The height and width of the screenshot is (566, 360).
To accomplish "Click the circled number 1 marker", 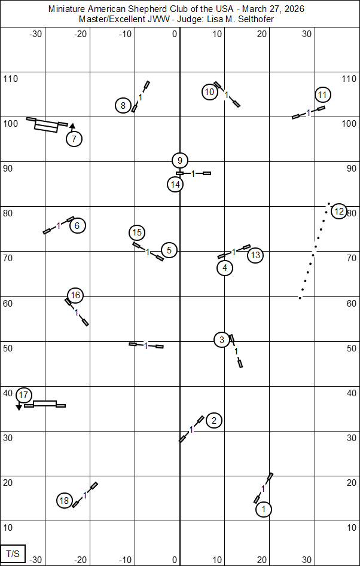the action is click(x=263, y=509).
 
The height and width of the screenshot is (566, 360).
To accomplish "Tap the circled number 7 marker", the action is click(x=74, y=139).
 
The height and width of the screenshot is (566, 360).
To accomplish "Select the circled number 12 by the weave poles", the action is click(x=339, y=211).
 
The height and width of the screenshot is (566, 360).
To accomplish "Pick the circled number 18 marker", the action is click(x=65, y=501).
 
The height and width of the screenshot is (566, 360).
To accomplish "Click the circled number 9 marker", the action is click(x=179, y=160).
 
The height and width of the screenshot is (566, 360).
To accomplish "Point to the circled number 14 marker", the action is click(x=175, y=184).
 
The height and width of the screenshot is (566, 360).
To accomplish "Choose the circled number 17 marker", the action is click(x=23, y=395).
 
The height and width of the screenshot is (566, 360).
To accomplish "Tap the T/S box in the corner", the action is click(x=13, y=553).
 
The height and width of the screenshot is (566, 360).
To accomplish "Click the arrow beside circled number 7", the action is click(x=72, y=126).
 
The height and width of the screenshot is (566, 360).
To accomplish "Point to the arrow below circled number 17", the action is click(x=19, y=407).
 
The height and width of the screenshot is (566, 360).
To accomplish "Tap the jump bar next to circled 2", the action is click(x=191, y=429).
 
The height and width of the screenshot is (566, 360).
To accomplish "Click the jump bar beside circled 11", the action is click(x=308, y=112).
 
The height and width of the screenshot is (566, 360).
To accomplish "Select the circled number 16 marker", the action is click(x=75, y=295).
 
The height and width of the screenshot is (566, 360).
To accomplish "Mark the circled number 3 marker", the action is click(x=222, y=339).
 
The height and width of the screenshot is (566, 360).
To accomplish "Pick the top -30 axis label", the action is click(x=35, y=34).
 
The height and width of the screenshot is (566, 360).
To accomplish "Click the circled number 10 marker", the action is click(x=209, y=92).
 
